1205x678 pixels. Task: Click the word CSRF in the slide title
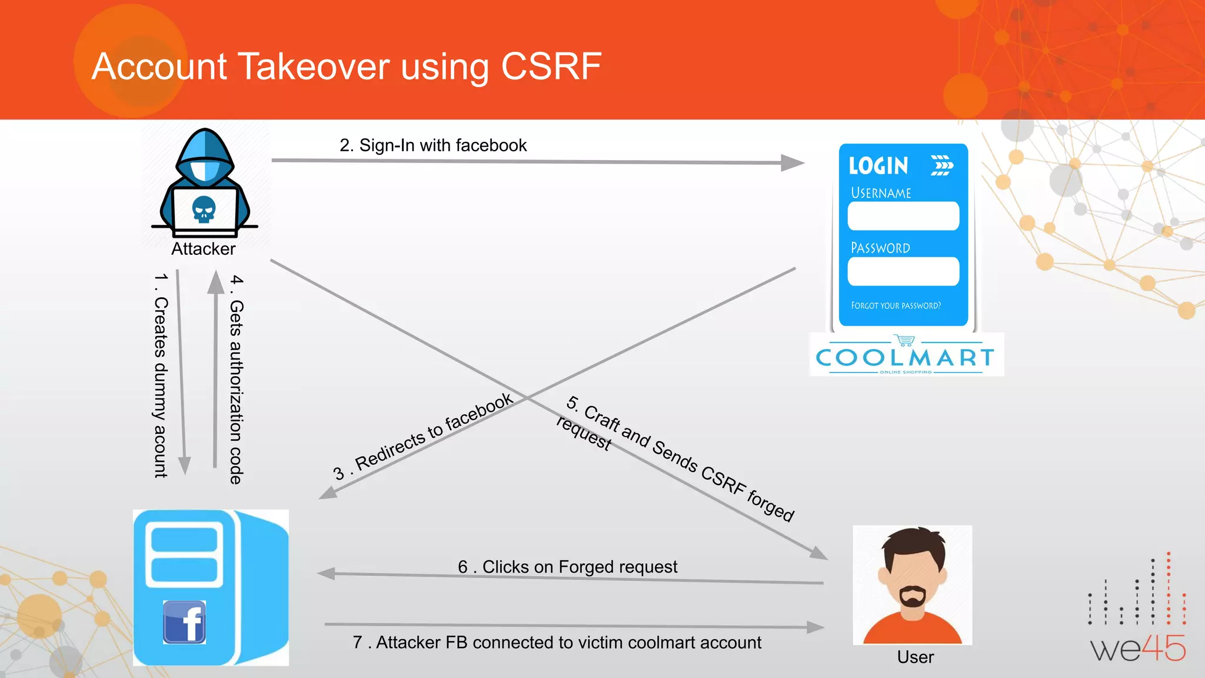tap(551, 66)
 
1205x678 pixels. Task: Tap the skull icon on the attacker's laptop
tap(204, 210)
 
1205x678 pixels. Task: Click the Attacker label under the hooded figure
tap(203, 249)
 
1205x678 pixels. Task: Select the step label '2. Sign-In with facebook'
tap(433, 145)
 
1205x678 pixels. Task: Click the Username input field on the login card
tap(903, 216)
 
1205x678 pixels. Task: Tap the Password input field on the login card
tap(903, 271)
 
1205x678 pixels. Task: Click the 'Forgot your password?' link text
tap(896, 305)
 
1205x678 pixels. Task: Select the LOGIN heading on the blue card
tap(878, 166)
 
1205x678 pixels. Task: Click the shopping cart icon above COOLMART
tap(905, 340)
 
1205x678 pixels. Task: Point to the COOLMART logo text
tap(905, 357)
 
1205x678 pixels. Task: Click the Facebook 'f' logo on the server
tap(185, 622)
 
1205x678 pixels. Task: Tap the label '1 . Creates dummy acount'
tap(161, 375)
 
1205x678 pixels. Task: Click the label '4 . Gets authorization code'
tap(236, 379)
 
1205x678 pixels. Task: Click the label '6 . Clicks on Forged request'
tap(567, 567)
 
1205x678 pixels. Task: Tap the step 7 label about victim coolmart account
tap(557, 642)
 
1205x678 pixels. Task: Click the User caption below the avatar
tap(915, 657)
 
